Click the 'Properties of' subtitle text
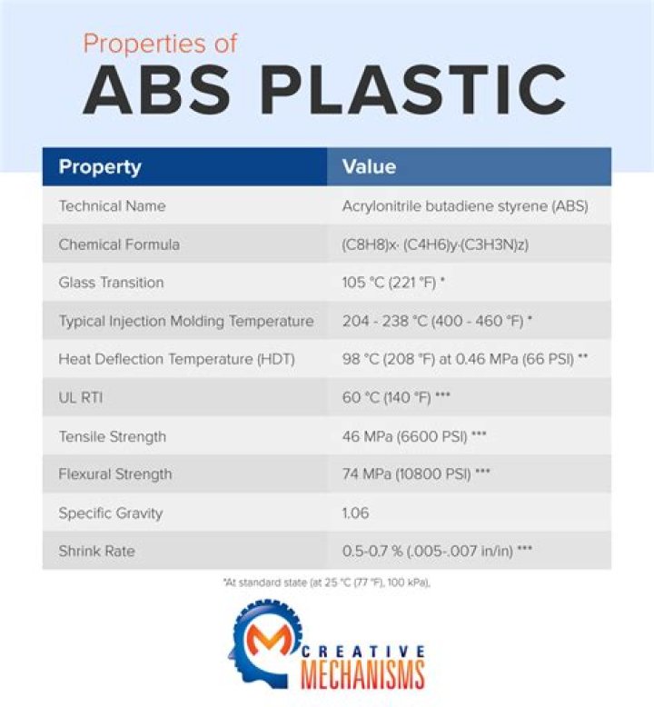(160, 44)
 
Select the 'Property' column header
(100, 167)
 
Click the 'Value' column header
(369, 167)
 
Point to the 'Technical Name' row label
(112, 206)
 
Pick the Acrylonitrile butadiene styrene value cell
(465, 206)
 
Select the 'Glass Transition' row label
(111, 283)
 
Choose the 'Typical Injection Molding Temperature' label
(186, 322)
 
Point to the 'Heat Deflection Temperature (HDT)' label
(177, 360)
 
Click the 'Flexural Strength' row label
(115, 474)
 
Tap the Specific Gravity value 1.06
(355, 513)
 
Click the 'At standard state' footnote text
(326, 583)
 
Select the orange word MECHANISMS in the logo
(362, 676)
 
